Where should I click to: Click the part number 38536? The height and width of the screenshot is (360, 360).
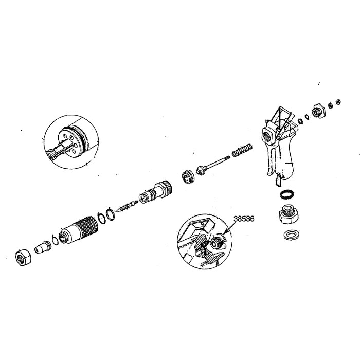coord(243,218)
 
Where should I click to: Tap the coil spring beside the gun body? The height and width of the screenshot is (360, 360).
coord(241,150)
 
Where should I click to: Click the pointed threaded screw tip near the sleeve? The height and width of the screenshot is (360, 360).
coord(125,207)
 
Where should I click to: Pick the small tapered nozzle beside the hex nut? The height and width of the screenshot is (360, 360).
coord(42,247)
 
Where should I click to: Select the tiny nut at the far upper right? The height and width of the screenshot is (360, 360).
coord(338,101)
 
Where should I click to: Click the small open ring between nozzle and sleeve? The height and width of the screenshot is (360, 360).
coord(55,240)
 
